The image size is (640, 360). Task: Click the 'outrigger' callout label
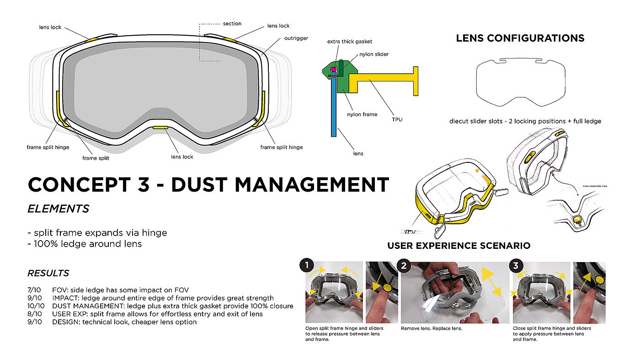pos(296,38)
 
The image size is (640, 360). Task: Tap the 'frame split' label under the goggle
pos(96,158)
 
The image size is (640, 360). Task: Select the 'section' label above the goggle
pos(232,24)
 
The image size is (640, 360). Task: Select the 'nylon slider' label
pos(374,54)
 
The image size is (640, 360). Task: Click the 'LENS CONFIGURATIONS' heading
pos(520,38)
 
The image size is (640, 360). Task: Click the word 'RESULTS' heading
pos(48,273)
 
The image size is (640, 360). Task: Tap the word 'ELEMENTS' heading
pos(59,209)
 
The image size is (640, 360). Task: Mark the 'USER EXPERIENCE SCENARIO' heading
pos(459,246)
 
